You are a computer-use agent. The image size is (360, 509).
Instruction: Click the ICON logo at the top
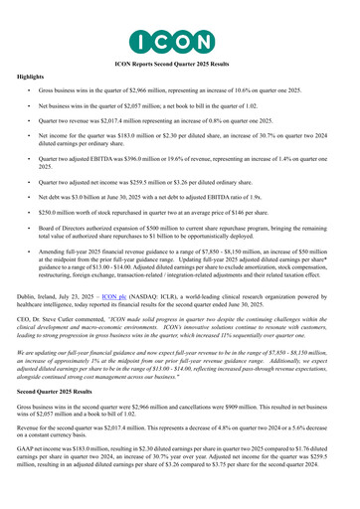tap(179, 41)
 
